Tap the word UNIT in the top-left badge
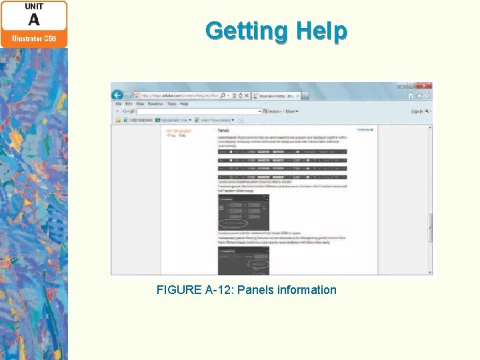[34, 7]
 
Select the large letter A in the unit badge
[34, 20]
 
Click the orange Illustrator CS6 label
[34, 39]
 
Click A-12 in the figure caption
[218, 290]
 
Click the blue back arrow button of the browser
[117, 95]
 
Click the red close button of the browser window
[427, 86]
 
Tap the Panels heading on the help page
[225, 131]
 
